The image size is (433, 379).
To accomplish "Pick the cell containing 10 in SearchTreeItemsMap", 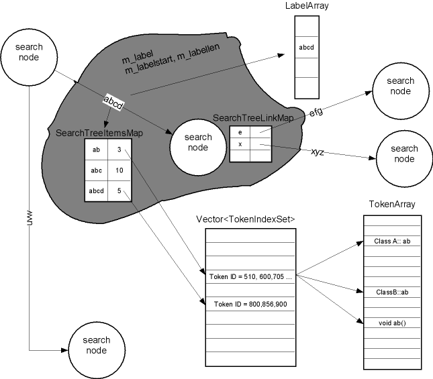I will [x=118, y=172].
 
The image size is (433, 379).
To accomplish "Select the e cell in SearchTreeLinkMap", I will [x=240, y=133].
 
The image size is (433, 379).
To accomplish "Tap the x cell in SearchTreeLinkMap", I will [x=240, y=144].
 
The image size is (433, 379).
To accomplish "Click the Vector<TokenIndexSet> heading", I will [x=245, y=219].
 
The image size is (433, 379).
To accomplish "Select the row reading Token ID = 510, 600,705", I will [x=249, y=275].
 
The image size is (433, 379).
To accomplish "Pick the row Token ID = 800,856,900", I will [x=249, y=304].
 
